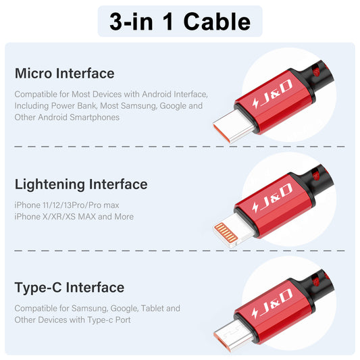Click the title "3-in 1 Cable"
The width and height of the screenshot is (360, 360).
(x=180, y=22)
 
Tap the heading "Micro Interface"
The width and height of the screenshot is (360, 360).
(x=65, y=74)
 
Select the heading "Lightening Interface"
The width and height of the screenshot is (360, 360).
(x=81, y=185)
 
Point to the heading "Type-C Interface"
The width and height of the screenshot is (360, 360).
(x=70, y=288)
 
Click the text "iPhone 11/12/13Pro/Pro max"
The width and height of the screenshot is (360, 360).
(x=67, y=205)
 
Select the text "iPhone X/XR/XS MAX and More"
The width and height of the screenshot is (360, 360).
(x=74, y=217)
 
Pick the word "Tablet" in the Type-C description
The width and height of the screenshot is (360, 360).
(x=152, y=309)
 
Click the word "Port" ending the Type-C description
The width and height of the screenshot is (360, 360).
(x=123, y=320)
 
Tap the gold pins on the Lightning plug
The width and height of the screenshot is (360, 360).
(x=226, y=233)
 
